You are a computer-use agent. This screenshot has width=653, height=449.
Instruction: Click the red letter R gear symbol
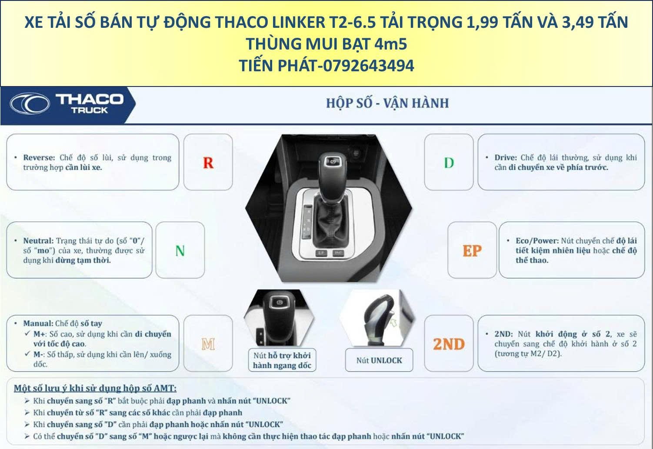pos(208,163)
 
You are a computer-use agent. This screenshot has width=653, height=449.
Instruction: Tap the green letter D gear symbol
pos(449,163)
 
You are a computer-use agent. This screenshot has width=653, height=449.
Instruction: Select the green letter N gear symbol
pos(180,250)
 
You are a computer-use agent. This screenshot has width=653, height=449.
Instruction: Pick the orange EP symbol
pos(472,250)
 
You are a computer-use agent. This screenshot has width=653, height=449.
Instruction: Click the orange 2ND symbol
pos(449,344)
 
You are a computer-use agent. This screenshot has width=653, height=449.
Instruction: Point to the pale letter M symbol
pos(208,344)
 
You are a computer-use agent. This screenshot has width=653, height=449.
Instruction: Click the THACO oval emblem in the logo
pos(30,103)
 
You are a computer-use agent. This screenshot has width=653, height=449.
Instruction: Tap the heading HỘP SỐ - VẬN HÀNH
pos(387,103)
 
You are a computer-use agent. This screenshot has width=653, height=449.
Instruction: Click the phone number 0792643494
pos(369,65)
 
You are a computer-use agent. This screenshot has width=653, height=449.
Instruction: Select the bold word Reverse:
pos(39,158)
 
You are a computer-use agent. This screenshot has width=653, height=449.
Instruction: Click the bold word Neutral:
pos(39,241)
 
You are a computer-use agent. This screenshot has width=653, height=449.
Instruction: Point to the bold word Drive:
pos(506,158)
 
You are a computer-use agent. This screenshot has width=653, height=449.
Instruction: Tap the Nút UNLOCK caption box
pos(379,360)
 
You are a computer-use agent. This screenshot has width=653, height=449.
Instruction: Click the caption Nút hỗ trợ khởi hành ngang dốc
pos(282,360)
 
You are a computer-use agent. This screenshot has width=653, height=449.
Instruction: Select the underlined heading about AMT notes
pos(95,389)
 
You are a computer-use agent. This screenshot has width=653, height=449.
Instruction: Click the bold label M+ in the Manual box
pos(40,334)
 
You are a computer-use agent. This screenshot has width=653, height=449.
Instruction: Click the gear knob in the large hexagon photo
pos(332,178)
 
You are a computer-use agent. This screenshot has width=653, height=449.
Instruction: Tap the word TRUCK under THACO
pos(90,110)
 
